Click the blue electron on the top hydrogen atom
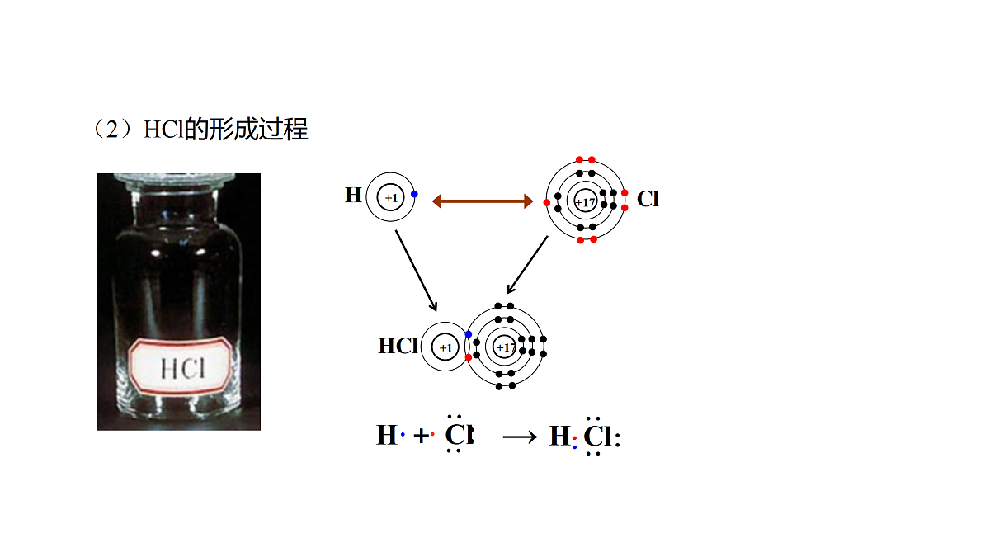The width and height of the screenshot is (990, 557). tap(414, 194)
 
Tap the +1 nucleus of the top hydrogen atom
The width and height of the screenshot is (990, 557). tap(391, 197)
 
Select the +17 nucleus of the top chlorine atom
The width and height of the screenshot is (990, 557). tap(585, 201)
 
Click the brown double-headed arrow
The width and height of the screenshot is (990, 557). tap(483, 201)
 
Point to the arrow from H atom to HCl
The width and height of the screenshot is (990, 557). tap(416, 271)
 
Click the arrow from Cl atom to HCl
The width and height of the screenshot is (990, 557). tap(527, 265)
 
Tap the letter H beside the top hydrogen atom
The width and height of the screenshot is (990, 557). tap(353, 195)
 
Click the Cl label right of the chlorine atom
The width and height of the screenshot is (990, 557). tap(648, 199)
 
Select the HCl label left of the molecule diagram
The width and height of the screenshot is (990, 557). tap(398, 346)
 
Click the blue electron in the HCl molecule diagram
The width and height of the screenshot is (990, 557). tap(469, 334)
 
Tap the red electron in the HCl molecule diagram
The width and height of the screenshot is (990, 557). tap(469, 357)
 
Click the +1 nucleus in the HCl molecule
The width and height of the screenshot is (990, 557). tap(445, 347)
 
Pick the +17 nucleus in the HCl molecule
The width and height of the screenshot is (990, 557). tap(504, 347)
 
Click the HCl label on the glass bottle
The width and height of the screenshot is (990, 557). tap(182, 368)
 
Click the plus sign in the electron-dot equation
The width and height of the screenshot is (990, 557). tap(422, 436)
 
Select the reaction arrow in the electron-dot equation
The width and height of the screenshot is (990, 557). tap(520, 437)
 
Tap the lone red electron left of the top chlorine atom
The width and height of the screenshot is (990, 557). tap(547, 202)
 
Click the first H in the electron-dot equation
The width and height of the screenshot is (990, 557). tap(387, 435)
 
